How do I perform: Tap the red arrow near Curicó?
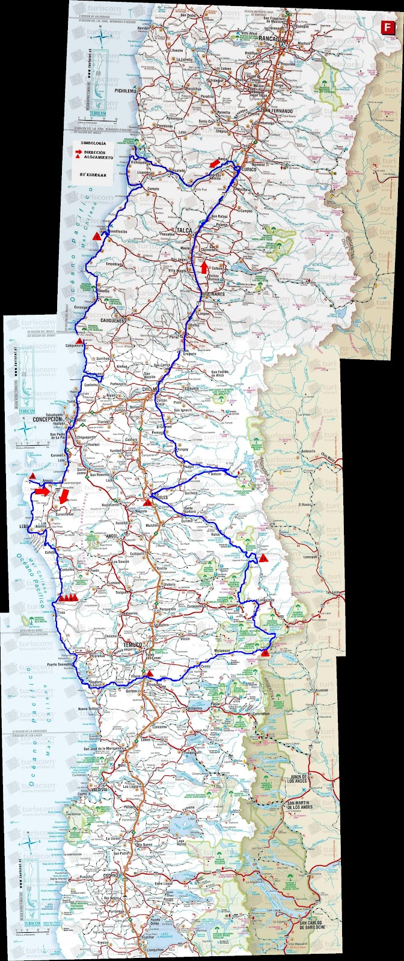213,163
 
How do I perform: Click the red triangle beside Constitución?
96,238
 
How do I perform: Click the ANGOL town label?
111,535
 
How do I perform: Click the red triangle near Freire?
151,673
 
